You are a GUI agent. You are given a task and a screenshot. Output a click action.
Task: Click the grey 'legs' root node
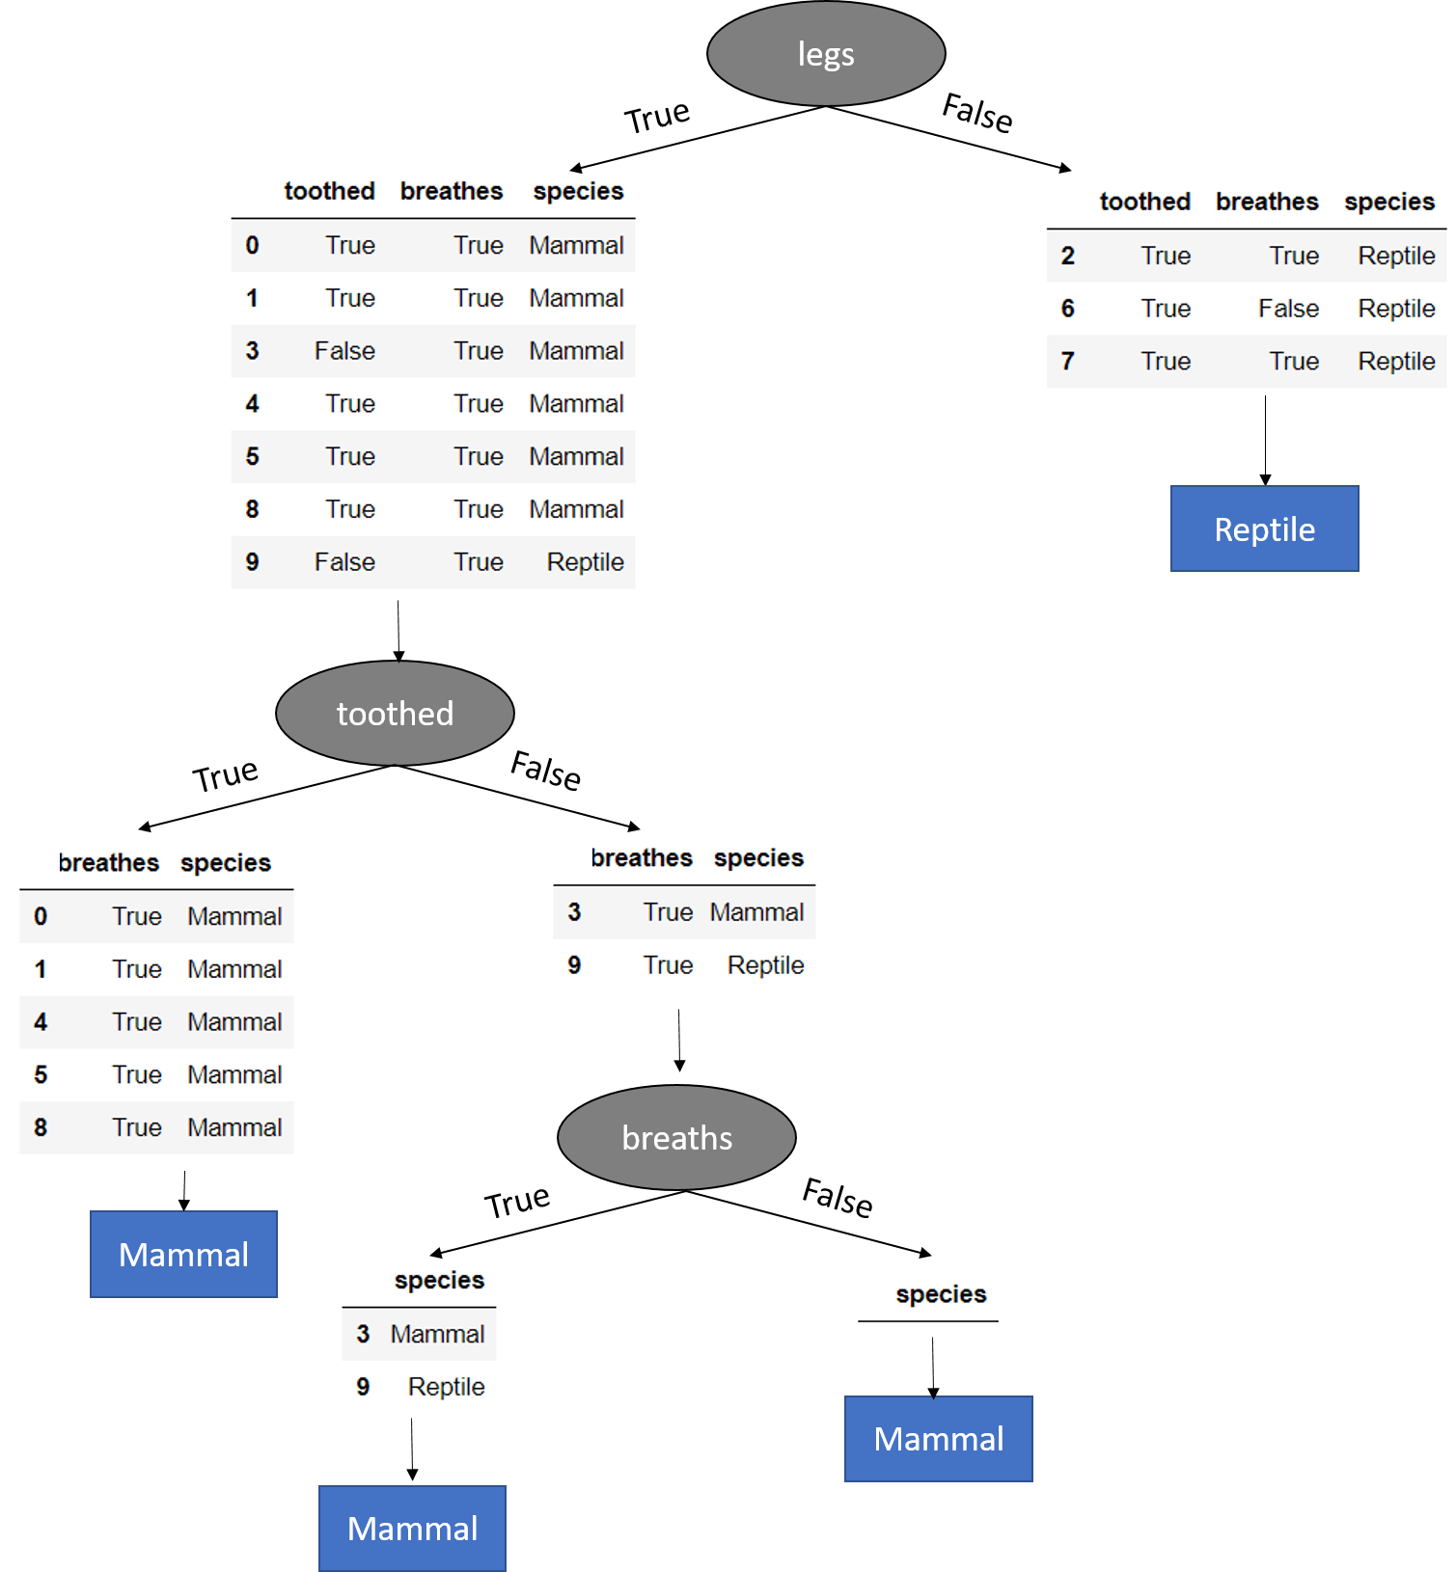coord(826,54)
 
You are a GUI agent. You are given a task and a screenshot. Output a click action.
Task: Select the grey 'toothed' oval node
coord(395,714)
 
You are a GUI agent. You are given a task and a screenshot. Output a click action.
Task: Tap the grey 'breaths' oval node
coord(676,1138)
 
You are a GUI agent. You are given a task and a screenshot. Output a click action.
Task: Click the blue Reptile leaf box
coord(1264,529)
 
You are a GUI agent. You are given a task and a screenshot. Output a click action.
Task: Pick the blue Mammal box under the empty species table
coord(938,1439)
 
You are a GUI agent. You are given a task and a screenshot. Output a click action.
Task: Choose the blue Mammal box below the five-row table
coord(183,1255)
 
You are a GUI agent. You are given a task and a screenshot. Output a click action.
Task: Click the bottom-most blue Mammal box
coord(412,1529)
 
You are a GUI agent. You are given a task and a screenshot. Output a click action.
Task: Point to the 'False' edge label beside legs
coord(977,113)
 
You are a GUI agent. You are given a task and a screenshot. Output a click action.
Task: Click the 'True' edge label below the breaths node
coord(517,1202)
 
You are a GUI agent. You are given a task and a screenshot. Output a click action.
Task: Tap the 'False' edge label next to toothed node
coord(546,770)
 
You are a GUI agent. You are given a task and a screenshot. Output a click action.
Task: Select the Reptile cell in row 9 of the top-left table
coord(585,562)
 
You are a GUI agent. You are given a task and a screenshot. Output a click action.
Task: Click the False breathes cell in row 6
coord(1288,309)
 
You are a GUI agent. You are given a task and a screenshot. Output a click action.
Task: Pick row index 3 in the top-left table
coord(252,351)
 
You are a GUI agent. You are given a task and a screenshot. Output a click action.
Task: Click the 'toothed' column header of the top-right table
coord(1144,202)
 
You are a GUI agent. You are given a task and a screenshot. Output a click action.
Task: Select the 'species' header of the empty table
coord(941,1294)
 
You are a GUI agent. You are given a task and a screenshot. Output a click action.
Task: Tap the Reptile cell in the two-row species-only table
coord(446,1387)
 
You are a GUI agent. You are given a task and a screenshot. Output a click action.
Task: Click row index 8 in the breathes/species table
coord(41,1127)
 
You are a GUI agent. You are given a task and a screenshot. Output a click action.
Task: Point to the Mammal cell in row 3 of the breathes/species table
coord(756,912)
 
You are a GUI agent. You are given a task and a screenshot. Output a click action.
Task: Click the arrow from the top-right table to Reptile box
coord(1265,439)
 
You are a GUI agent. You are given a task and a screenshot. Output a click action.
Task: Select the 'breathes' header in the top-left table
coord(452,191)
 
